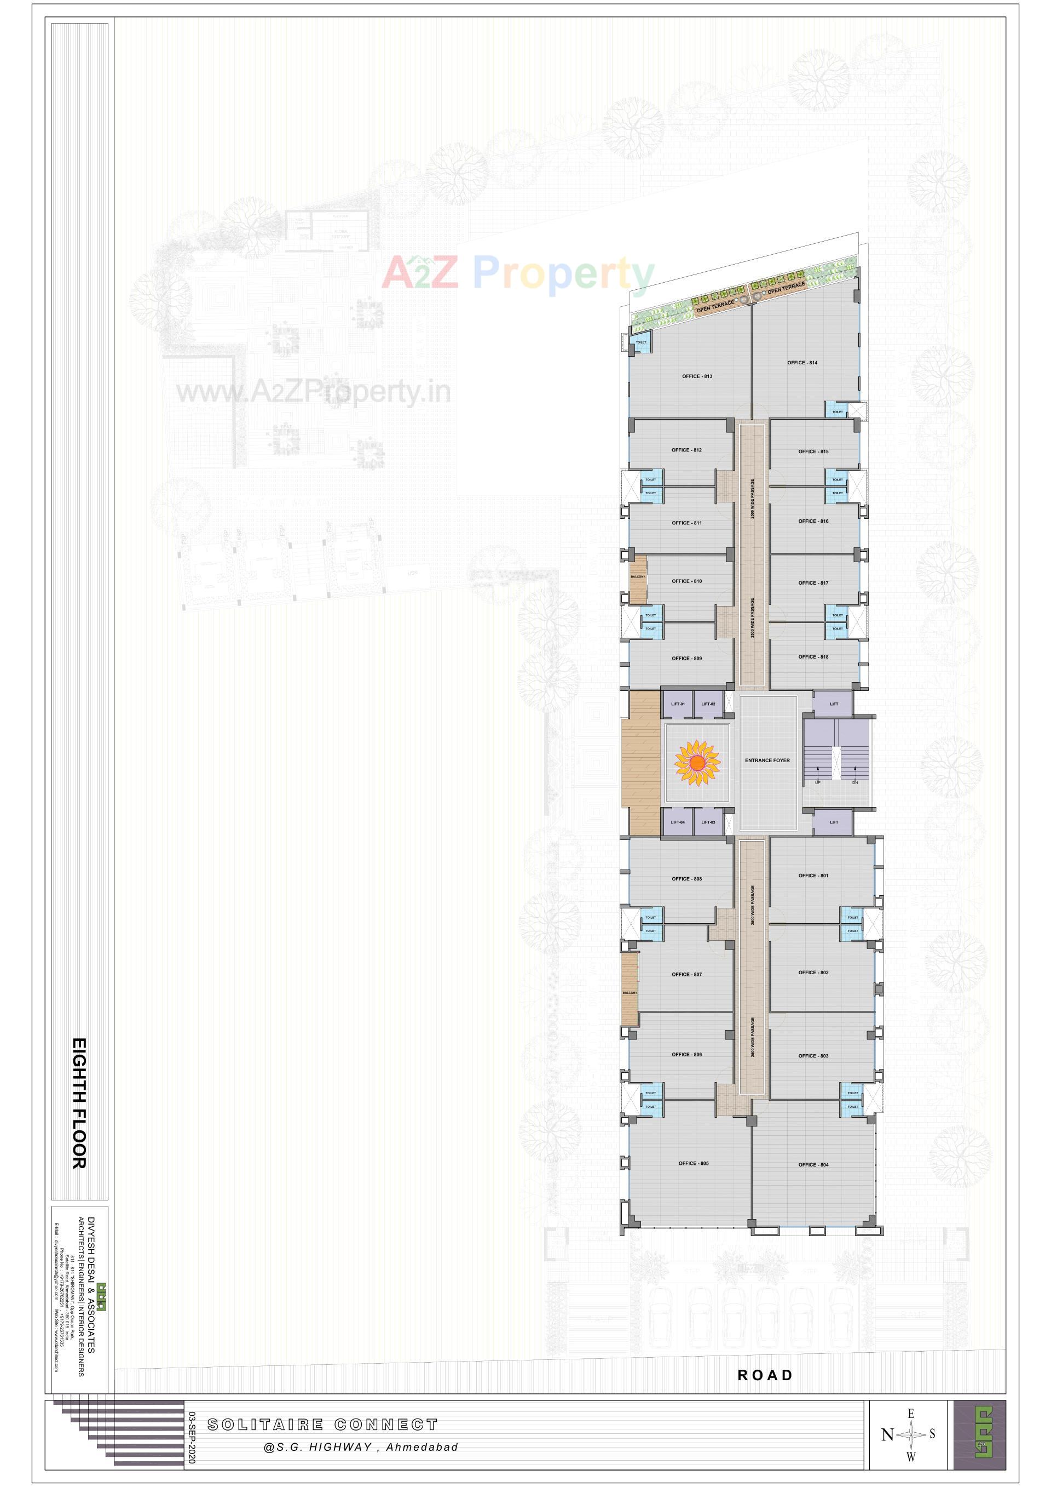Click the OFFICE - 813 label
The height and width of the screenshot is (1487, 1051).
click(x=696, y=376)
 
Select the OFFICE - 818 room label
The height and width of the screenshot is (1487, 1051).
click(x=813, y=657)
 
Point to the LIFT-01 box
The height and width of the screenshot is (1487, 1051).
click(x=678, y=704)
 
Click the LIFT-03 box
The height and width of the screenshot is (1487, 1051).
click(x=708, y=822)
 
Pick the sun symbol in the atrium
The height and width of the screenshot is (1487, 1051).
click(x=697, y=764)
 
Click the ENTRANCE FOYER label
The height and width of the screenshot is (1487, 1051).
click(x=767, y=760)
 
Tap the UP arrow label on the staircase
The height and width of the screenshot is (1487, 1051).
click(x=817, y=782)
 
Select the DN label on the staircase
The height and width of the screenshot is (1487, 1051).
click(x=855, y=782)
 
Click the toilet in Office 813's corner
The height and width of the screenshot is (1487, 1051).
click(x=640, y=342)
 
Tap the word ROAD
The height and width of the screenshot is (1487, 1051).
click(x=765, y=1375)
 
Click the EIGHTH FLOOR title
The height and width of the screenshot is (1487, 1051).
click(x=78, y=1103)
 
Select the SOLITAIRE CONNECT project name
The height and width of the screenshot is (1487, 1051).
click(x=322, y=1425)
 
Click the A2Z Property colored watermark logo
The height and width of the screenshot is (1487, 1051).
click(x=518, y=273)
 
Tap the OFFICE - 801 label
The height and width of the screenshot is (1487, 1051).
click(x=813, y=876)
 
